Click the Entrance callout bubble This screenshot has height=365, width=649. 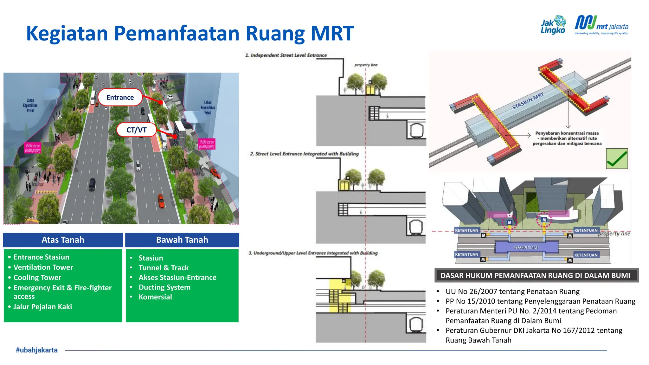(120, 98)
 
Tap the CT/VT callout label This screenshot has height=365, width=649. (137, 130)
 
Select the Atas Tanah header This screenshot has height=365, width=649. (63, 240)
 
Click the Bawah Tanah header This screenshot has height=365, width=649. (182, 240)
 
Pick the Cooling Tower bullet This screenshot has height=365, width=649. (37, 278)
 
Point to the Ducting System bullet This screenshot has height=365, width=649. (164, 287)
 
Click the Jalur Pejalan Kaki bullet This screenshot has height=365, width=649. (42, 307)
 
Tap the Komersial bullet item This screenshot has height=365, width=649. (155, 297)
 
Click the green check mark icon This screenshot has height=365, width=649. (617, 159)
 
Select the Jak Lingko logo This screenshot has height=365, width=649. (553, 25)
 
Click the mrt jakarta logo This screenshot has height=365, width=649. (601, 25)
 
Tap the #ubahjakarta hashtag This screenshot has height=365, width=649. (37, 350)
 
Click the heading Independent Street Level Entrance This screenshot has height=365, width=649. (286, 55)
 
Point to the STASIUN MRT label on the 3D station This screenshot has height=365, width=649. (528, 101)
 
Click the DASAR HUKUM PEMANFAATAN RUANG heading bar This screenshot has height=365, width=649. (535, 275)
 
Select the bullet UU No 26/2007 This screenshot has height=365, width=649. (512, 291)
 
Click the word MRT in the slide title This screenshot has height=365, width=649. (332, 33)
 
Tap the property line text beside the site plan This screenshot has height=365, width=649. (614, 234)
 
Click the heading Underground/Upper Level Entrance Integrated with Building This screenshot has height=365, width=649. (313, 253)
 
